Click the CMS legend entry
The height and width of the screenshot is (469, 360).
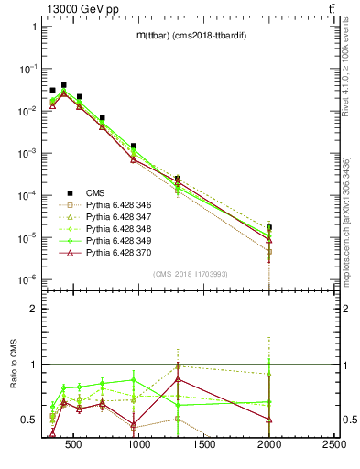click(x=82, y=192)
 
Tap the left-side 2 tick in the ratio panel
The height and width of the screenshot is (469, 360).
click(x=34, y=309)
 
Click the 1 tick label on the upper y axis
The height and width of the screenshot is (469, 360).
click(x=34, y=27)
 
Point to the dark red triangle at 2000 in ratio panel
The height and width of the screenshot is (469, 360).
click(x=269, y=419)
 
